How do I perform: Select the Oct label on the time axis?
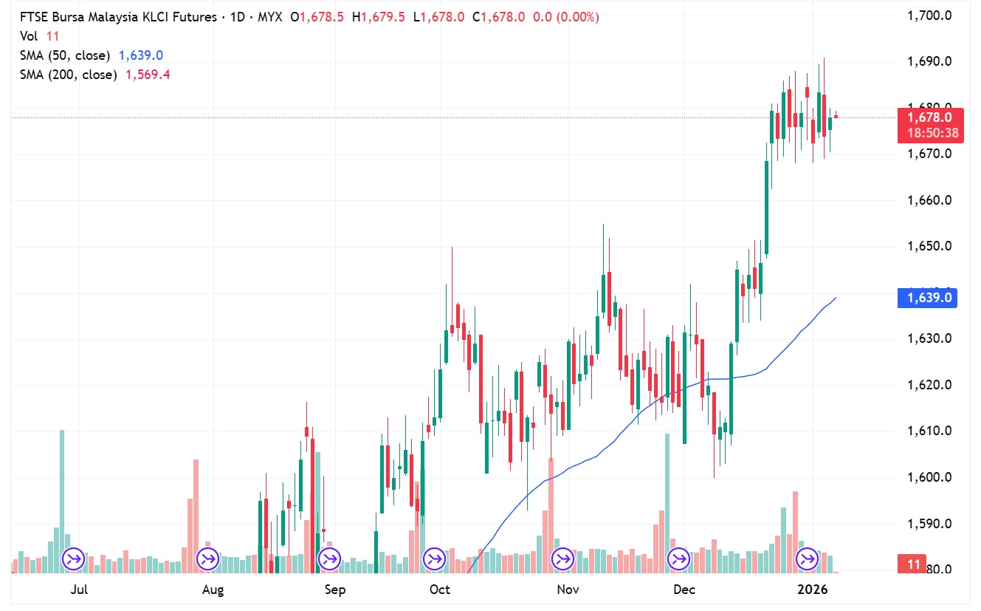[439, 590]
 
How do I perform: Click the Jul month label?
[79, 590]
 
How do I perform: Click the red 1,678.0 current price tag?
[928, 117]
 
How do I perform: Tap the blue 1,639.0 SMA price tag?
[928, 298]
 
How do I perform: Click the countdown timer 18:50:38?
[928, 133]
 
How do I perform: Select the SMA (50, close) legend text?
[65, 55]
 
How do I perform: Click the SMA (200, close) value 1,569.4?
[148, 75]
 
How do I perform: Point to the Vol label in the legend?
[29, 35]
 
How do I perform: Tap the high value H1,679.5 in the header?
[379, 16]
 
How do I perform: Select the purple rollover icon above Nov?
[562, 559]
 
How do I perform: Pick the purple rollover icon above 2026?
[805, 559]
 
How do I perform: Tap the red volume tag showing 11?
[914, 564]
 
